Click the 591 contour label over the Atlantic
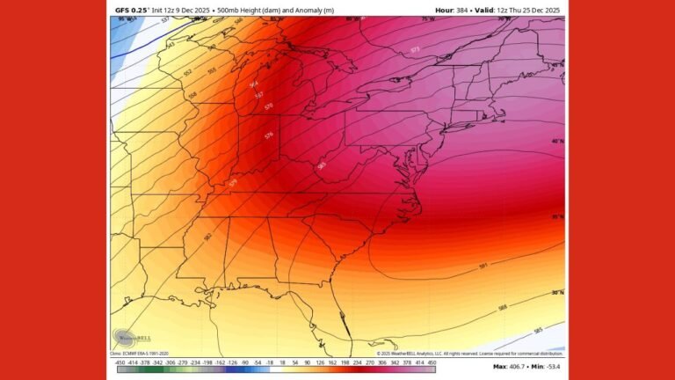coord(483,265)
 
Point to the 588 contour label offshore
coord(502,307)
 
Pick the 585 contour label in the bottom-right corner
coord(537,332)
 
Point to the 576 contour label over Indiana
coord(269,135)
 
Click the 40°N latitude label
coord(557,141)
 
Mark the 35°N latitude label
coord(557,216)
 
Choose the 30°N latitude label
coord(557,293)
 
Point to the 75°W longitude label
coord(428,18)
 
